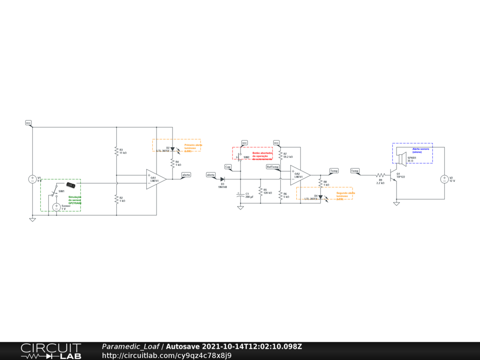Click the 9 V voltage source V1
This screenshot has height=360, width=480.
coord(33,179)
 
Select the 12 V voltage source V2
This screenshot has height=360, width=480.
coord(443,179)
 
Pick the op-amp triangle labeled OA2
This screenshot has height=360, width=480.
coord(300,175)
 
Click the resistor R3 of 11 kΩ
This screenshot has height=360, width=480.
coord(116,151)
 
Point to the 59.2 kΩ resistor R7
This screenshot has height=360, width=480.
coord(280,155)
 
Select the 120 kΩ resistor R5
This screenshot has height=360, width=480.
coord(260,191)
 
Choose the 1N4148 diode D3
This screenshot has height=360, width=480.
coord(223,179)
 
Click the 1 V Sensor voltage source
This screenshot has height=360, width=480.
coord(56,207)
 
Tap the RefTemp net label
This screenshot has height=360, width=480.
coord(273,167)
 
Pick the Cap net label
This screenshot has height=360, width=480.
coord(228,167)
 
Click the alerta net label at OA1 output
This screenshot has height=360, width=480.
coord(186,174)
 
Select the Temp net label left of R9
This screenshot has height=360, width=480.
coord(355,171)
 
